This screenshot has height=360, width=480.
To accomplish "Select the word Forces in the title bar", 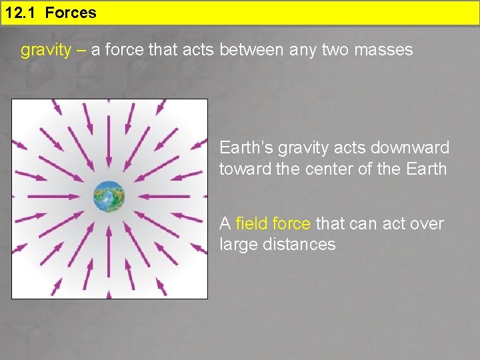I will tap(71, 12).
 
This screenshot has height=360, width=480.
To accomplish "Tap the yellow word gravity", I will tap(45, 50).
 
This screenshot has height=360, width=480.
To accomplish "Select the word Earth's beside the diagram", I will tap(245, 147).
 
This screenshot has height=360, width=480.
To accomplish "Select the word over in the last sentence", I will tap(427, 223).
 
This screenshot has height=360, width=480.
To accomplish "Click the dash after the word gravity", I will tap(80, 50).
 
